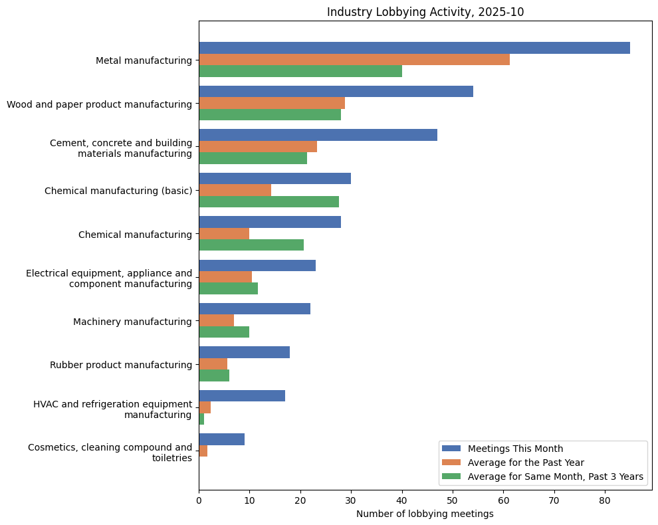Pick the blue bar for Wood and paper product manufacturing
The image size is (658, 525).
tap(336, 91)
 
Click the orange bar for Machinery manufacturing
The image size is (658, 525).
tap(216, 321)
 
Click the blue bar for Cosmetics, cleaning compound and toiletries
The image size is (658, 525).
tap(221, 439)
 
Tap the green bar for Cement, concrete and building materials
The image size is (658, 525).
tap(253, 158)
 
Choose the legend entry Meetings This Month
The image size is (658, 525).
tap(515, 449)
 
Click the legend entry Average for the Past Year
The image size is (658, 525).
tap(526, 463)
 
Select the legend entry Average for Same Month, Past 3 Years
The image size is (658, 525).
tap(555, 476)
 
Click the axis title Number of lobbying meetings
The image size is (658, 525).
tap(425, 514)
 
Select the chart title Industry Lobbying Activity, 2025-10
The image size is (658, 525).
tap(425, 11)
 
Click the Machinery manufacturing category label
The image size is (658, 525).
tap(132, 322)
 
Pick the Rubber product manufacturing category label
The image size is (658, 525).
tap(121, 365)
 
